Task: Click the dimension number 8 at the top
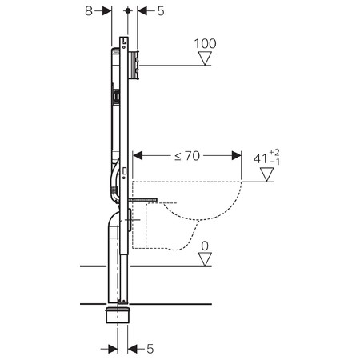point(89,12)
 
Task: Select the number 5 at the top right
point(162,12)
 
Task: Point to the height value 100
point(205,42)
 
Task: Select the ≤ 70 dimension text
point(187,158)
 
